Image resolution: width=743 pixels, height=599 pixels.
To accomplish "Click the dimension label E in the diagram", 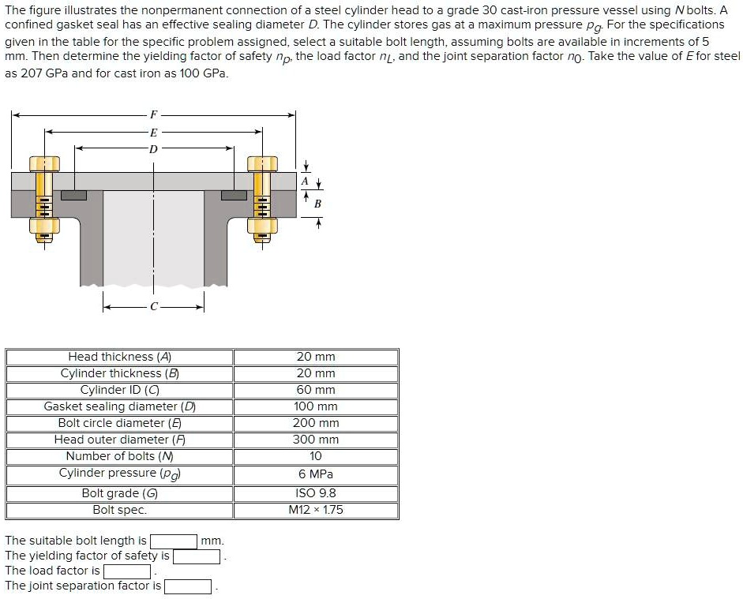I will point(153,132).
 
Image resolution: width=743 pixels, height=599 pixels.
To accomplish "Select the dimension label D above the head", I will point(153,148).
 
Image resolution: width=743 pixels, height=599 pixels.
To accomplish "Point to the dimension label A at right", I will point(306,181).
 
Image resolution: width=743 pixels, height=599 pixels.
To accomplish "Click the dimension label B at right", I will point(317,204).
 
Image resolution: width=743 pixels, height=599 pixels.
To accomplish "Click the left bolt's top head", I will point(44,163).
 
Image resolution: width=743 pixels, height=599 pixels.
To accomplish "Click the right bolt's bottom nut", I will point(263,227).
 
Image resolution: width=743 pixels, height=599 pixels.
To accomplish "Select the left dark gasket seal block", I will point(73,194).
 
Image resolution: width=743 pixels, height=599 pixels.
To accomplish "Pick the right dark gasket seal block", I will point(234,194).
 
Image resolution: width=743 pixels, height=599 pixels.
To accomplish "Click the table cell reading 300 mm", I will point(315,440).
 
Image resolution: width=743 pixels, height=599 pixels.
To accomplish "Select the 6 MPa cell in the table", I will point(315,474).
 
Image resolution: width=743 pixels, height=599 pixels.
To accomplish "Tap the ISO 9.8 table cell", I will point(315,493).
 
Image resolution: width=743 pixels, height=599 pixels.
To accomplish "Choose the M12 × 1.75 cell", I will point(315,510).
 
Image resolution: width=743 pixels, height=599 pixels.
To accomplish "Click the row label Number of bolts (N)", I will point(119,456).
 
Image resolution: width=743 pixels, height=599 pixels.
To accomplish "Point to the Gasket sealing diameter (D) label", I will point(119,406).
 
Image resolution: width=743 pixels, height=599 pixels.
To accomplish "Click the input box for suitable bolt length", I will point(173,541).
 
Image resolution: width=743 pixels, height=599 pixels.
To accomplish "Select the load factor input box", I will point(127,571).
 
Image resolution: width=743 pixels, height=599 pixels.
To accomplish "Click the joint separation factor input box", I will point(187,586).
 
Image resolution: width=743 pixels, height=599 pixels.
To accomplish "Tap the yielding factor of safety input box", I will point(196,556).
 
